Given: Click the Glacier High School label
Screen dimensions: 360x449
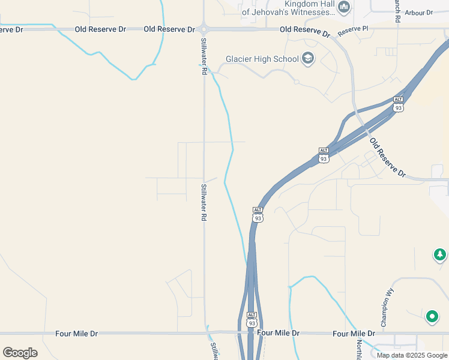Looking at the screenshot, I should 262,59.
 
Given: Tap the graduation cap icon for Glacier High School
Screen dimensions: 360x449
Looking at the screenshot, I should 308,58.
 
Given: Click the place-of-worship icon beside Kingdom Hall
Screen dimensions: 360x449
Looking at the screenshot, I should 344,7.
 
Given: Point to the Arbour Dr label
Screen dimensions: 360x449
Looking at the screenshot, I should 418,13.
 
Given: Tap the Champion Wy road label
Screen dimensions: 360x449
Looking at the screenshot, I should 387,308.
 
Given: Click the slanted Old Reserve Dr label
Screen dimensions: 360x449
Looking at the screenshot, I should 387,158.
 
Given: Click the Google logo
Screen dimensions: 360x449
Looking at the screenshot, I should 20,353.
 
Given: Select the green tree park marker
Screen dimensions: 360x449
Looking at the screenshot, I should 440,255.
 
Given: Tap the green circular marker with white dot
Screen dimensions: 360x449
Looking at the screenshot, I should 432,316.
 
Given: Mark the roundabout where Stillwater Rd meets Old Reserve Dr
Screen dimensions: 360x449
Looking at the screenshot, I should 204,28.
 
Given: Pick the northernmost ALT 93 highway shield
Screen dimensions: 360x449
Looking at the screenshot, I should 398,103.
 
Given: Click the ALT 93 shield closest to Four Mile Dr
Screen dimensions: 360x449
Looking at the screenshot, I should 252,318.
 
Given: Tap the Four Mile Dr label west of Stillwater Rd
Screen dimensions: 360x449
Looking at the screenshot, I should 76,333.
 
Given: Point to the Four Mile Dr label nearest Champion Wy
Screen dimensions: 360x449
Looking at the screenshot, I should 354,333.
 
